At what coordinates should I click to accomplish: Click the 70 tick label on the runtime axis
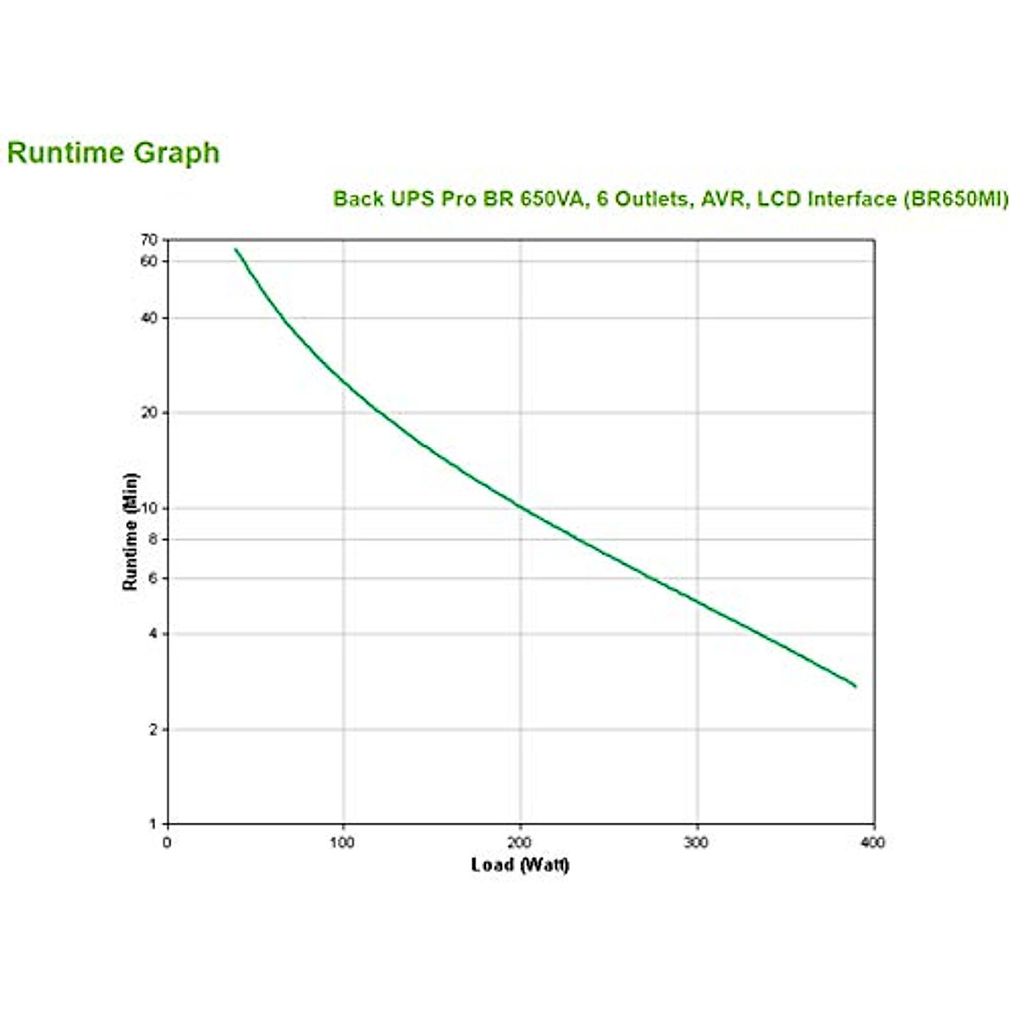point(149,240)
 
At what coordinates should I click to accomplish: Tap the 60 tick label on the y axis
point(149,262)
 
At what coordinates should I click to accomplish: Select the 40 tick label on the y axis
point(149,317)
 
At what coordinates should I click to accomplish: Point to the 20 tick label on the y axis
point(149,412)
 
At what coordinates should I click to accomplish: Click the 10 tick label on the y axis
point(149,508)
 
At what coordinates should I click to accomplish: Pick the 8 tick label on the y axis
point(153,538)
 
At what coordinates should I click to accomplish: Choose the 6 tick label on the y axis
point(153,578)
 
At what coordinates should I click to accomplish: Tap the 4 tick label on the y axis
point(153,633)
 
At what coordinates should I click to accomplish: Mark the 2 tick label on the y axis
point(153,730)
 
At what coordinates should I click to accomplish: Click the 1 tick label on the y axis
point(153,824)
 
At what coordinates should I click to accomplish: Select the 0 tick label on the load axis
point(167,842)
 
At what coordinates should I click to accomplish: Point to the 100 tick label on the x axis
point(343,842)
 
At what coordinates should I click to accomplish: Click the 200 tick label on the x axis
point(520,842)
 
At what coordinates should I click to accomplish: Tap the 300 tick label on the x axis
point(697,842)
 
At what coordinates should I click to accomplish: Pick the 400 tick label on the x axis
point(873,842)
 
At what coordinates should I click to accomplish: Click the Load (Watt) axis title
point(520,864)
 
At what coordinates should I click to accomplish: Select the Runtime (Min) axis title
point(130,532)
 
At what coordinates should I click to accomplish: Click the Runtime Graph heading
point(113,153)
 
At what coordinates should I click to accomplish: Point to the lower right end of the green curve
point(855,686)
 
